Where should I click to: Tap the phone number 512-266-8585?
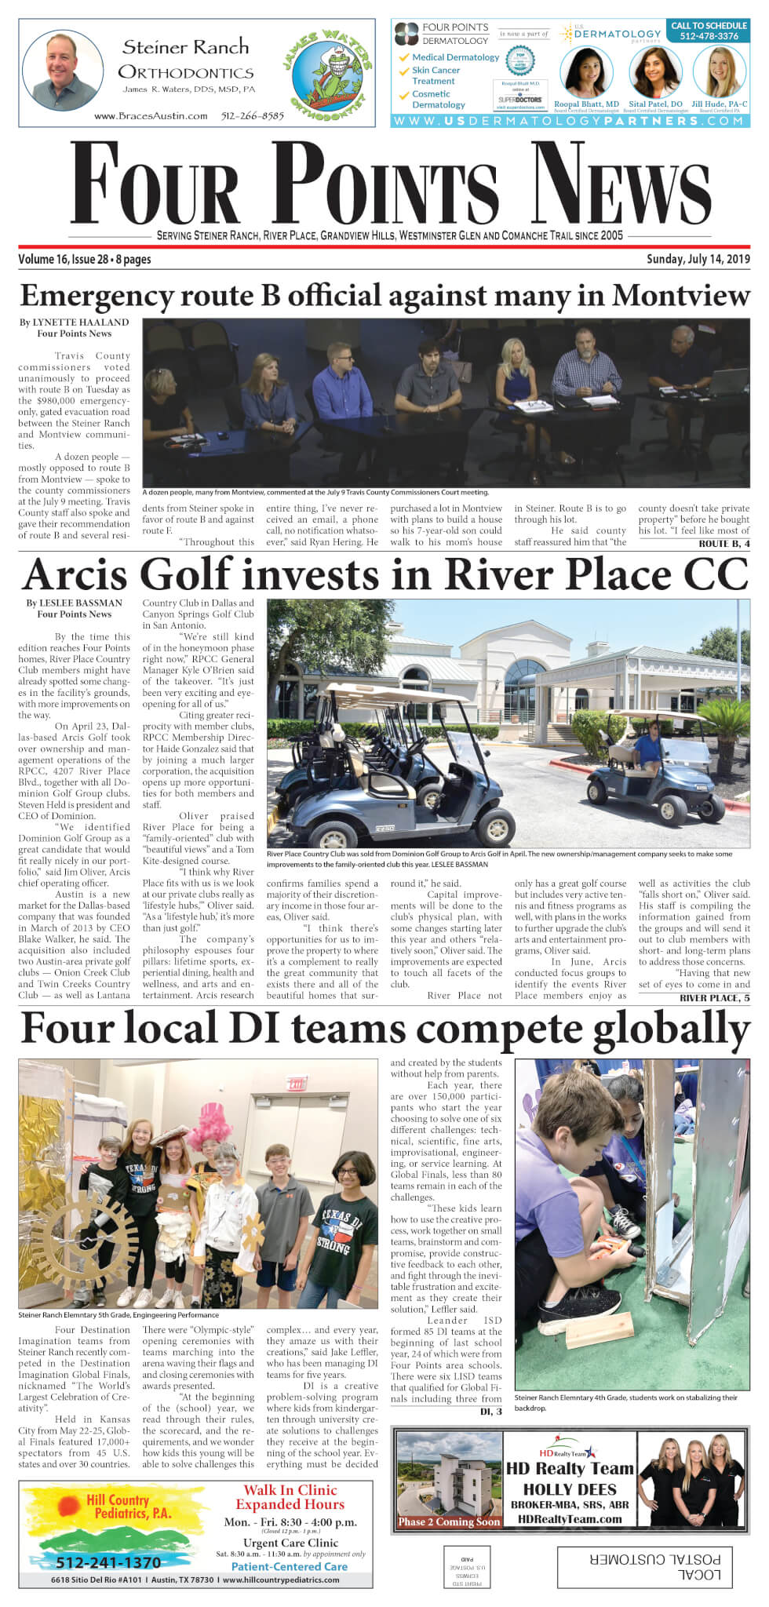(252, 116)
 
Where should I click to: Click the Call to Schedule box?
(709, 31)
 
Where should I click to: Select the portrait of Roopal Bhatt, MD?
(585, 72)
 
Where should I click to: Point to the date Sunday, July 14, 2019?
(698, 259)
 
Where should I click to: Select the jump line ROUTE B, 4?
(723, 543)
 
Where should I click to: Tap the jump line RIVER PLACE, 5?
(714, 998)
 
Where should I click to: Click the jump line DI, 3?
(490, 1412)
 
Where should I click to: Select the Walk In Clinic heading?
(290, 1490)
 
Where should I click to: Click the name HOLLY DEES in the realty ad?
(569, 1489)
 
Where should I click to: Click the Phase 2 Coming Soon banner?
(449, 1521)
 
